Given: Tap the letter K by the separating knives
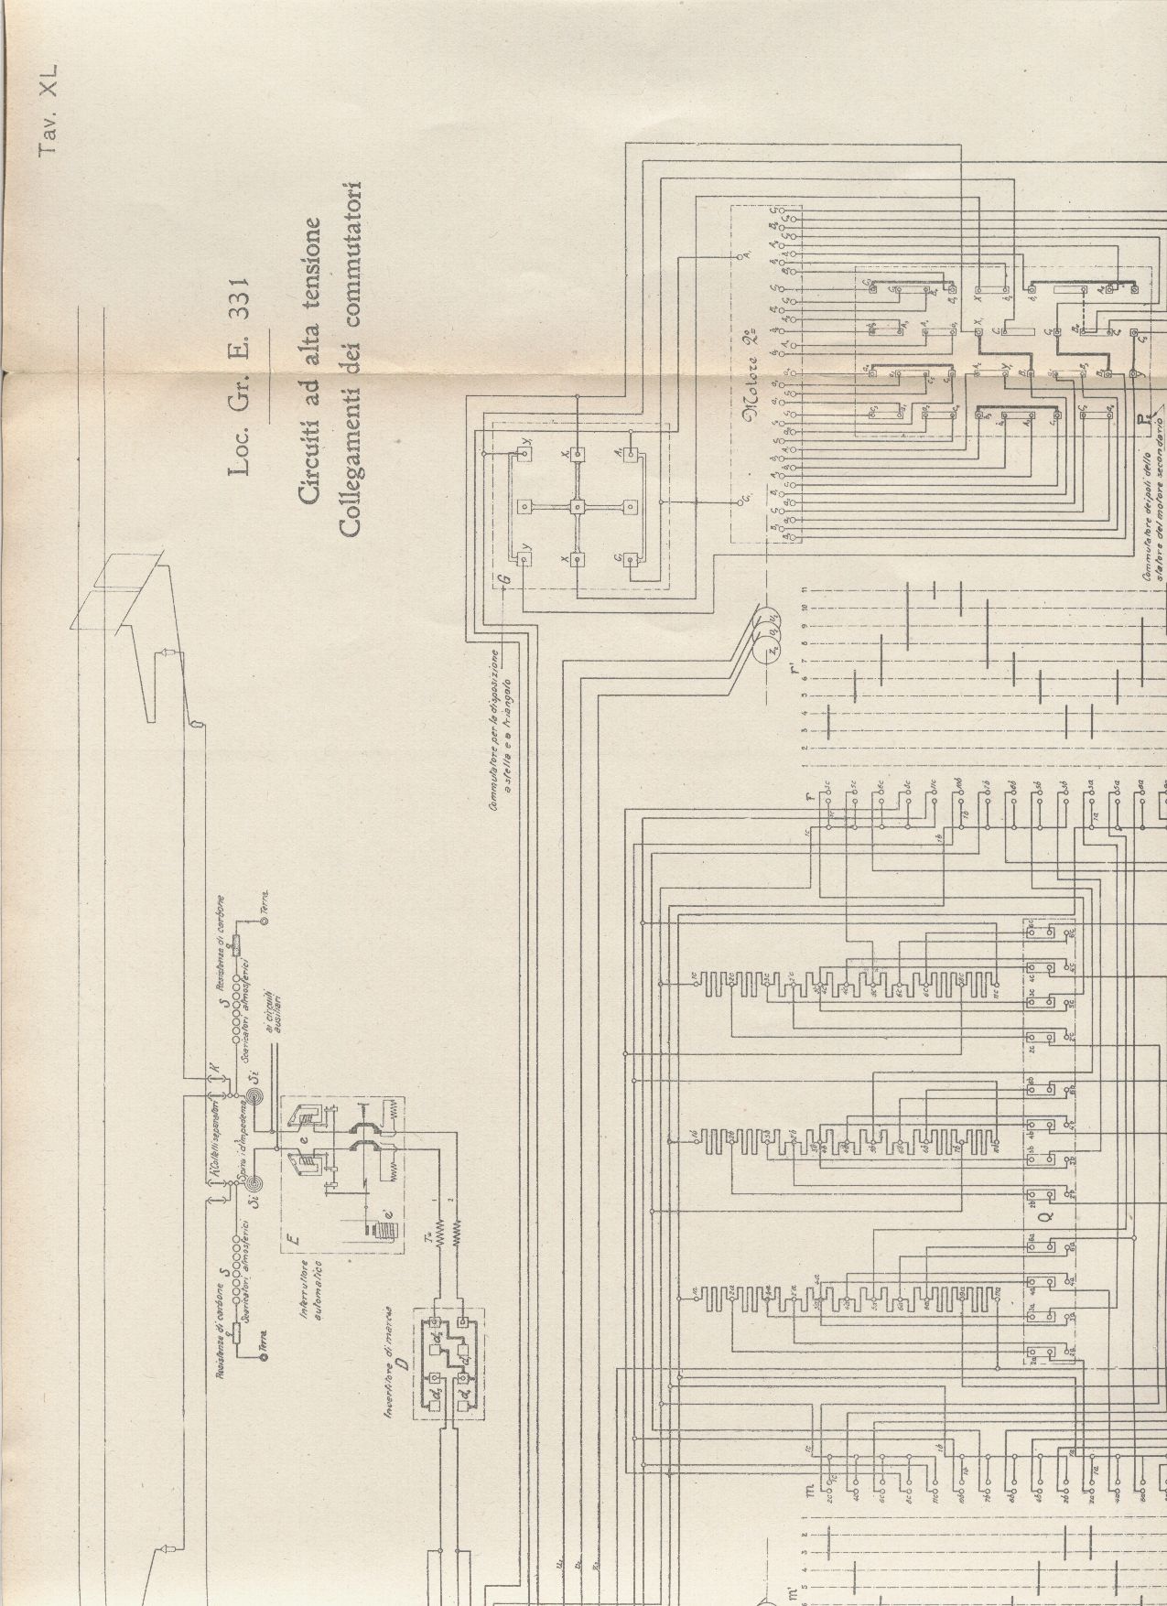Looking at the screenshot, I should pyautogui.click(x=211, y=1068).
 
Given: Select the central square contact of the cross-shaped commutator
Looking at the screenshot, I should pyautogui.click(x=578, y=506).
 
